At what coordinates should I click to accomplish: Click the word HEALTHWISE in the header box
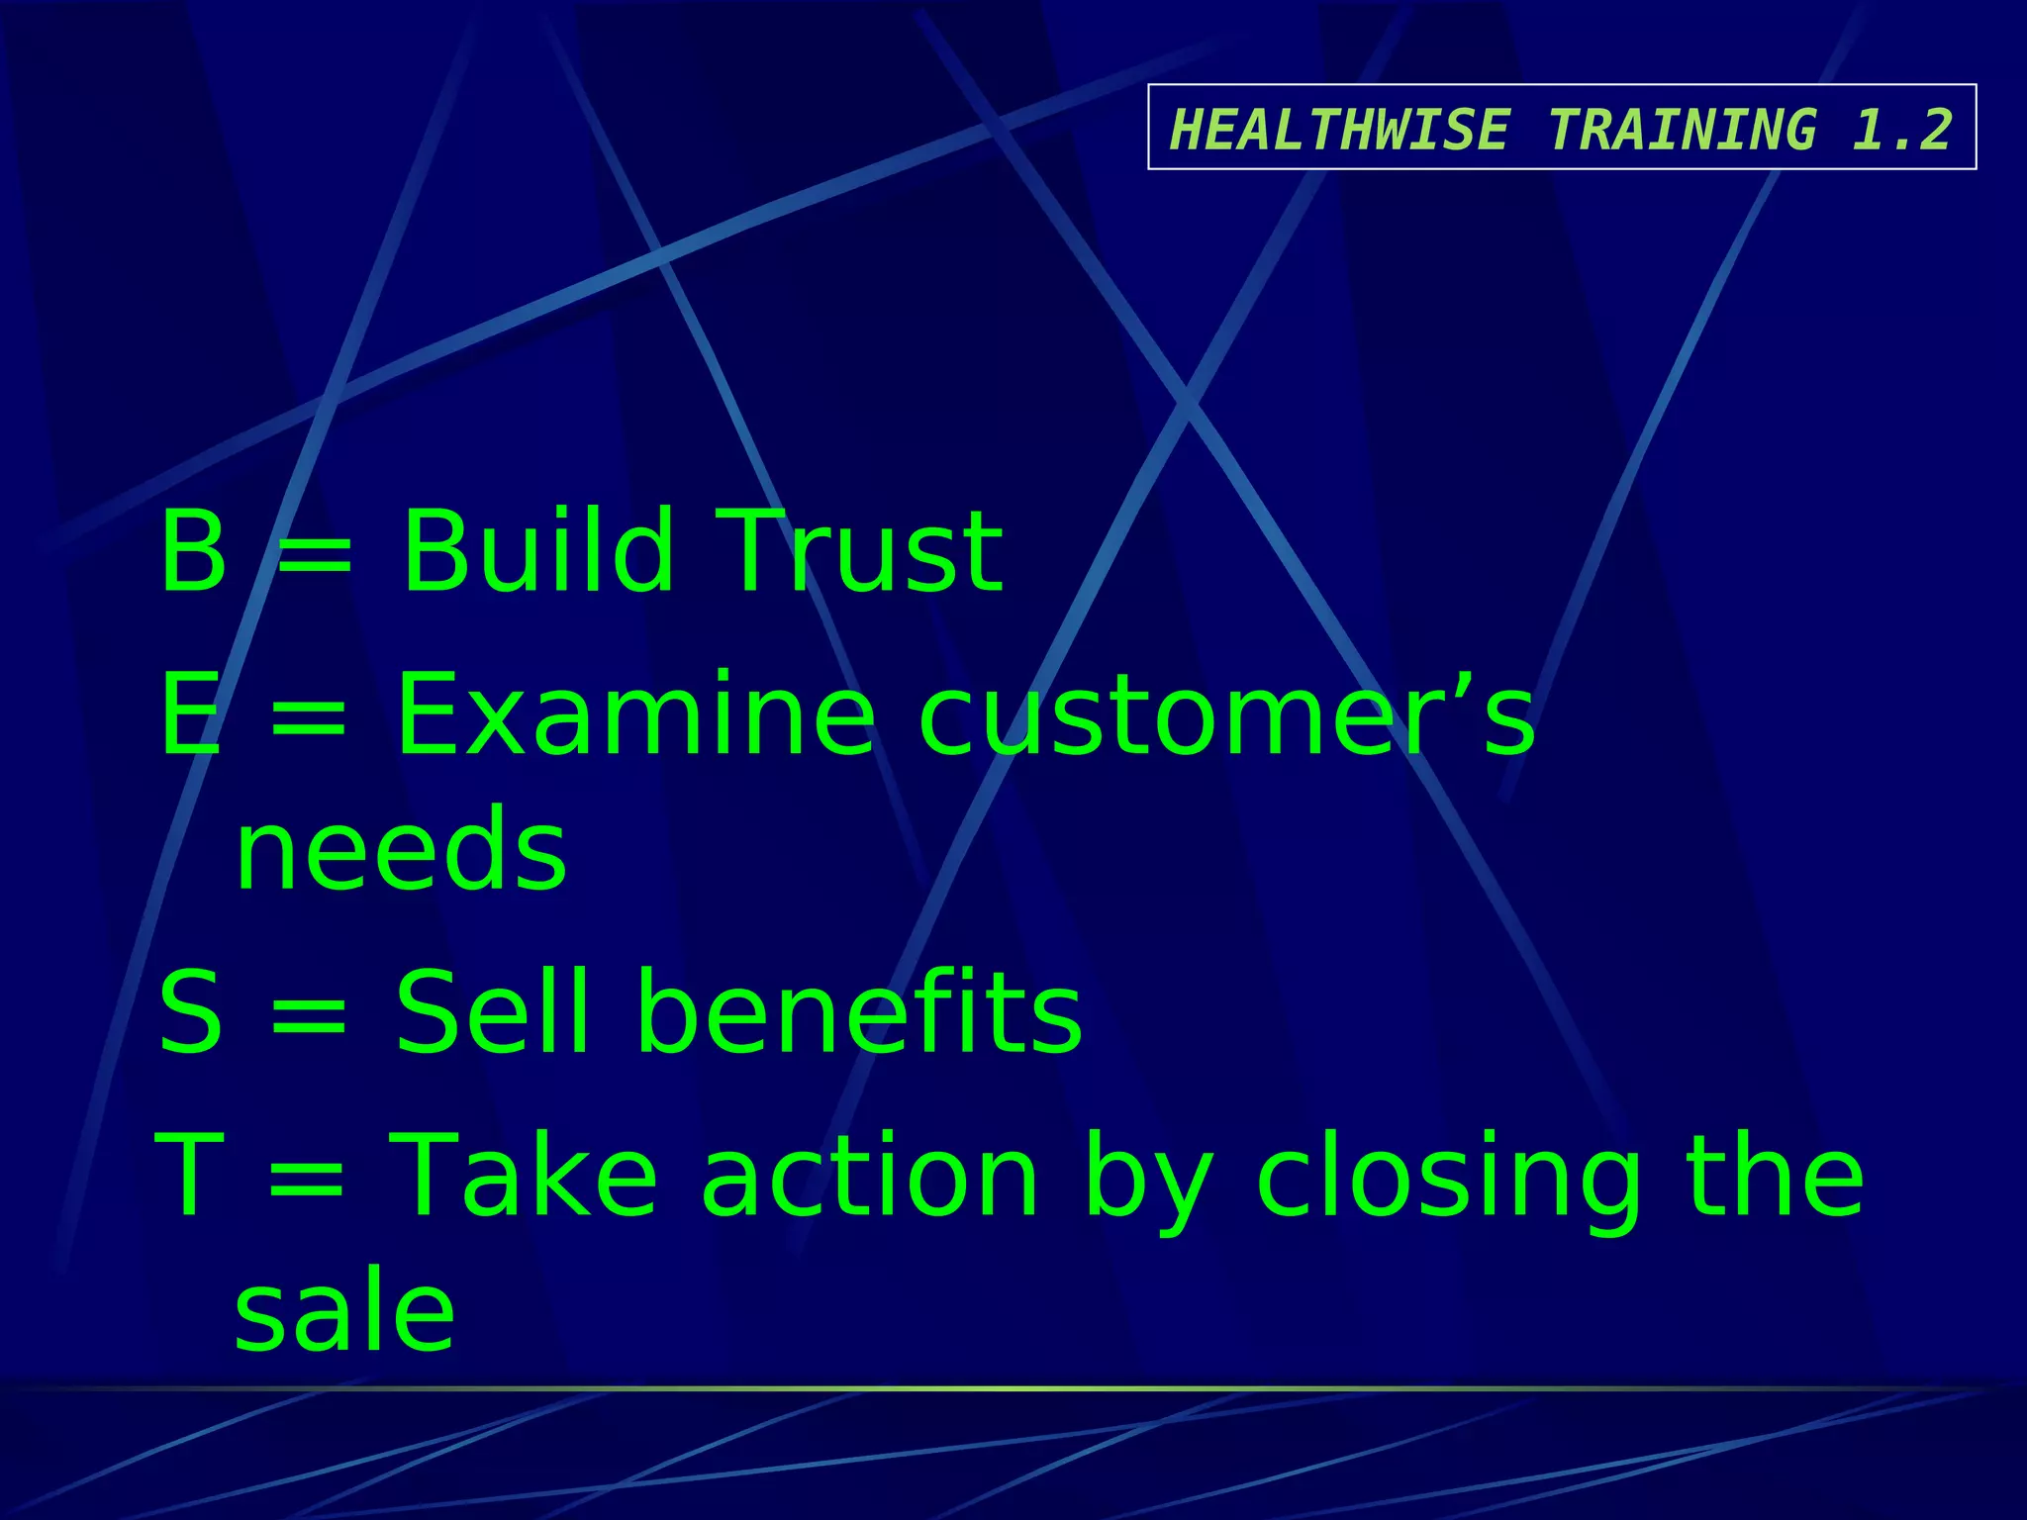(1340, 130)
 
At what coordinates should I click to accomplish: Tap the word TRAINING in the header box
(1683, 130)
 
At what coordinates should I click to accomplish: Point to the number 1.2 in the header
(1901, 130)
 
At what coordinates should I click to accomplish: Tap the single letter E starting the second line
(190, 714)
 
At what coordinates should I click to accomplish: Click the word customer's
(1227, 714)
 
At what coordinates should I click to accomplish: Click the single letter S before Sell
(190, 1011)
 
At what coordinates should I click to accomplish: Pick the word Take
(525, 1177)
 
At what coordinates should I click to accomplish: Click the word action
(871, 1177)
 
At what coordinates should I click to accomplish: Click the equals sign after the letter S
(309, 1015)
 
